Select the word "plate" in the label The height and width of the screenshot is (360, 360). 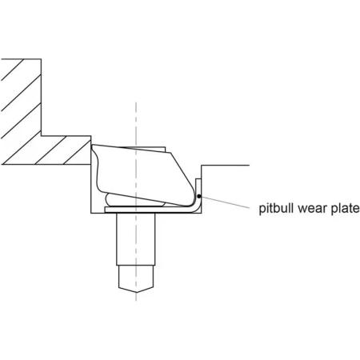(345, 209)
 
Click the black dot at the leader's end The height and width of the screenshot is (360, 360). (198, 196)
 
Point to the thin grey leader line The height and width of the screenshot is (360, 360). (225, 202)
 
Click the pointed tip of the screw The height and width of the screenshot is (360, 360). (136, 292)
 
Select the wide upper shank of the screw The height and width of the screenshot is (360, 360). (135, 239)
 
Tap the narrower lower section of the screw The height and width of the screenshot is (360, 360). (136, 278)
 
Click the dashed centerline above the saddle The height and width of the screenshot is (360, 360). (136, 123)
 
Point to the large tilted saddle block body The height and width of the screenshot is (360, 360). (142, 174)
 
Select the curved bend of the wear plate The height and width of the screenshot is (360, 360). (197, 209)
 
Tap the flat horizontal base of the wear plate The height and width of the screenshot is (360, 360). (150, 210)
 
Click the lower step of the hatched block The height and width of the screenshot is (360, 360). (46, 150)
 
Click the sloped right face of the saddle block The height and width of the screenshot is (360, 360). (183, 174)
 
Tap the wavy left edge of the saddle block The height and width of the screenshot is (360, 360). (96, 169)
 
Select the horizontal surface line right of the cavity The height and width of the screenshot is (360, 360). (226, 165)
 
